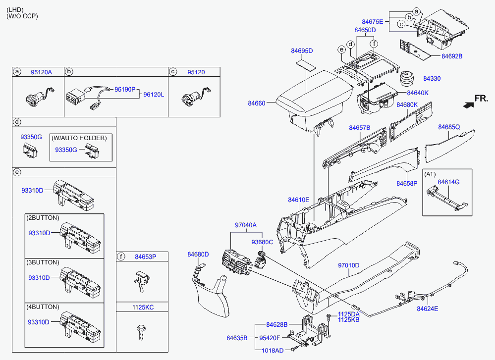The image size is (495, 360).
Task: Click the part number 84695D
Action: (302, 51)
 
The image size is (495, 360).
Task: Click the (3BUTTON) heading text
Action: (43, 262)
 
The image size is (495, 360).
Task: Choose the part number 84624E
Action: (428, 309)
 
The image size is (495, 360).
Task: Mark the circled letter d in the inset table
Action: (17, 122)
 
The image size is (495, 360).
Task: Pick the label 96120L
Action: (154, 95)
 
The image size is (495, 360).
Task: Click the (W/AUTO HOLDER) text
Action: (79, 138)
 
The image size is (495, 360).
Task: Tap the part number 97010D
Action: (348, 265)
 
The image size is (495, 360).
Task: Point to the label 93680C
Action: (262, 242)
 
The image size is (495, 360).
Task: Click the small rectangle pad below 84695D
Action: (306, 65)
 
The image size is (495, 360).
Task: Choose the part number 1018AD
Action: (273, 351)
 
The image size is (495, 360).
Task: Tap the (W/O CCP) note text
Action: (22, 16)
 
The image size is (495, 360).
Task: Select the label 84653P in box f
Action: (146, 257)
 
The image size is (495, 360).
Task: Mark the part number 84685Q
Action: (449, 127)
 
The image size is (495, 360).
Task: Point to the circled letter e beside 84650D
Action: (341, 50)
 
